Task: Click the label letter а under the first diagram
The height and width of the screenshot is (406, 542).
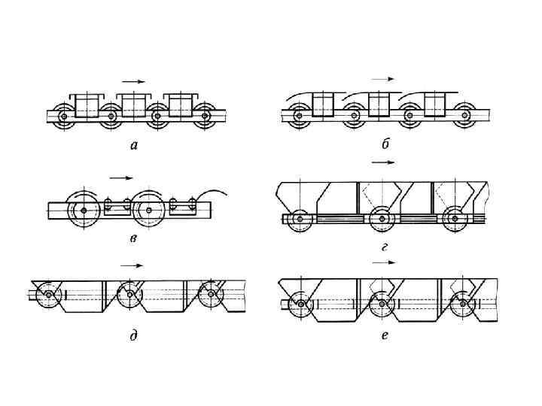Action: (134, 146)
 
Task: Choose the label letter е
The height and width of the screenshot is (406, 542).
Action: (385, 335)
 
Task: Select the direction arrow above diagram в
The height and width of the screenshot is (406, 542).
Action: (120, 178)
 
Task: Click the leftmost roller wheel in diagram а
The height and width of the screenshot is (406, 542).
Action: (65, 117)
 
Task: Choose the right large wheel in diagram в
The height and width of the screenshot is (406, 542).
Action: (148, 208)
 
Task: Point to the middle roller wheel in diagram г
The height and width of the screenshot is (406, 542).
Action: (382, 218)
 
